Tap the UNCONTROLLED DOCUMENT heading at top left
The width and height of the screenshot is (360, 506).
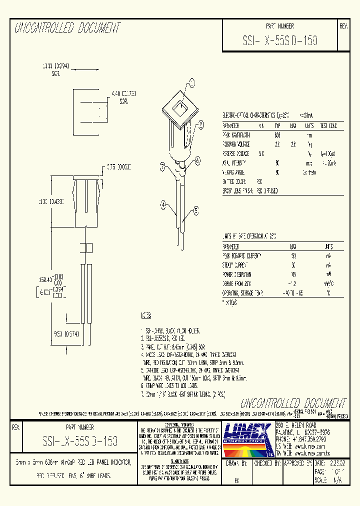pyautogui.click(x=67, y=28)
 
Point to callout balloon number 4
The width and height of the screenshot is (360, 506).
pyautogui.click(x=163, y=203)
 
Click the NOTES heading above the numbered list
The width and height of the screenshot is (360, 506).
pyautogui.click(x=146, y=316)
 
